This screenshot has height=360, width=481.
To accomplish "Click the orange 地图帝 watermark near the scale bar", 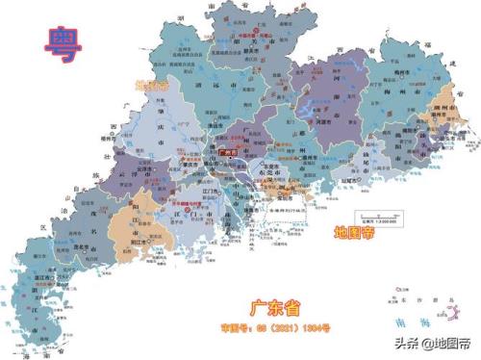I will point(355,232).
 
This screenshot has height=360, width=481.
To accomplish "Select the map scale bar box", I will point(374,217).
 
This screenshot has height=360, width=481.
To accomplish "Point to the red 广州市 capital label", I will point(229,150).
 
